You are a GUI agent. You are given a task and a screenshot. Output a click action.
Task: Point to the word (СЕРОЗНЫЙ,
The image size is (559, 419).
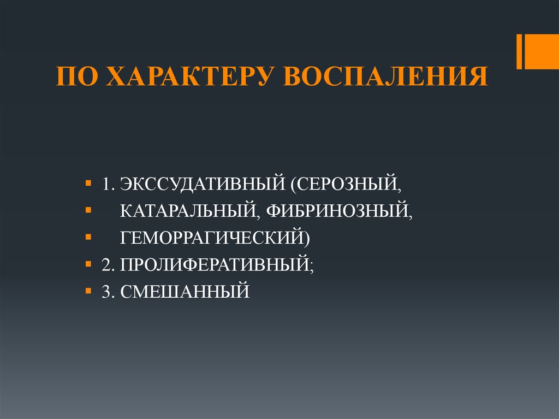click(x=346, y=183)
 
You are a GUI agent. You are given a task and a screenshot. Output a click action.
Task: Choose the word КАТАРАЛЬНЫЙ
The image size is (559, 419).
click(x=188, y=210)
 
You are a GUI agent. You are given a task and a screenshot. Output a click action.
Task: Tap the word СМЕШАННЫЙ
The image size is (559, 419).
click(x=185, y=291)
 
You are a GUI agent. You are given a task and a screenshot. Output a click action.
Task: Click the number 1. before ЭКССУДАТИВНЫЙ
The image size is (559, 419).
click(x=107, y=183)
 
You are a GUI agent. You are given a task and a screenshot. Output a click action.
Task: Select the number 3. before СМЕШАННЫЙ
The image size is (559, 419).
click(x=107, y=291)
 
